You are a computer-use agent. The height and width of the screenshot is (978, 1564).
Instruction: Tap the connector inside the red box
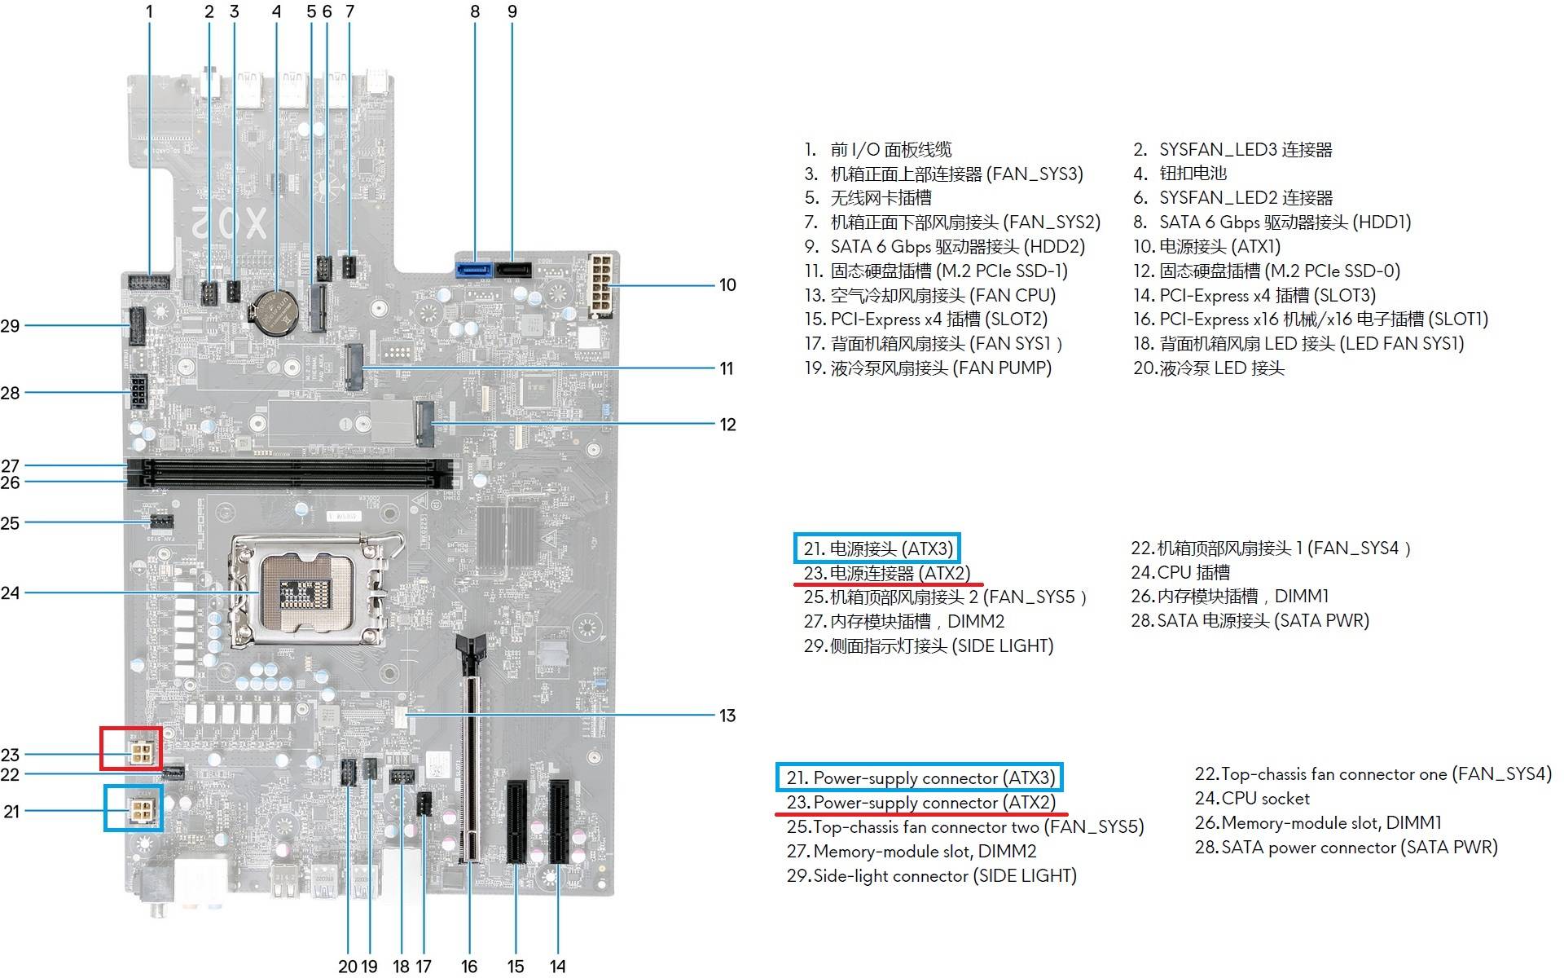pos(141,753)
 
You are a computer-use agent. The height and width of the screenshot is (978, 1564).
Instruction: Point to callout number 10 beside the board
pos(727,285)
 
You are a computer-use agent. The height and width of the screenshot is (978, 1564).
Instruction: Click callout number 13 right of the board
pos(727,716)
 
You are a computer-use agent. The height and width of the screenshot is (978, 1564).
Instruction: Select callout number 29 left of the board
pos(10,326)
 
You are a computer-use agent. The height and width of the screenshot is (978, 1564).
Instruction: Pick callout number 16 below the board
pos(469,967)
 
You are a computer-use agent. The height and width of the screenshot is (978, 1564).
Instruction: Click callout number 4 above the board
pos(276,11)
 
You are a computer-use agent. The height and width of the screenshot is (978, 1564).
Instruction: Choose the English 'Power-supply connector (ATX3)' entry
pos(920,778)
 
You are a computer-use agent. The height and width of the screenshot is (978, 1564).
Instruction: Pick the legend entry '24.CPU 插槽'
pos(1180,572)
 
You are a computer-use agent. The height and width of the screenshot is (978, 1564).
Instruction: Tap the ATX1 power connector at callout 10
pos(600,285)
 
